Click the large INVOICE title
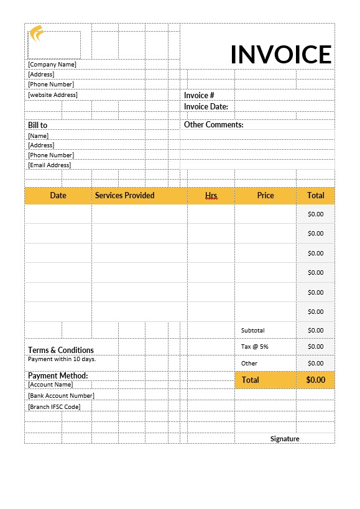281,54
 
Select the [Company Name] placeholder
52,64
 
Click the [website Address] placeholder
53,94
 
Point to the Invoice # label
199,95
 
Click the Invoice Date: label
206,106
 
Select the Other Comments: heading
213,124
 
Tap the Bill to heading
37,125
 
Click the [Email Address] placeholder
50,165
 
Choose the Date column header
58,195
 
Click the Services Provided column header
124,195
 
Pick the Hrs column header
211,195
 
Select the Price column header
265,195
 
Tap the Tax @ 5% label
254,346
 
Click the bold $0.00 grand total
315,380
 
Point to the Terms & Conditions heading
60,350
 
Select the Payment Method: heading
58,375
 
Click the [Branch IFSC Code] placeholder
54,406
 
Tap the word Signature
285,439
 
